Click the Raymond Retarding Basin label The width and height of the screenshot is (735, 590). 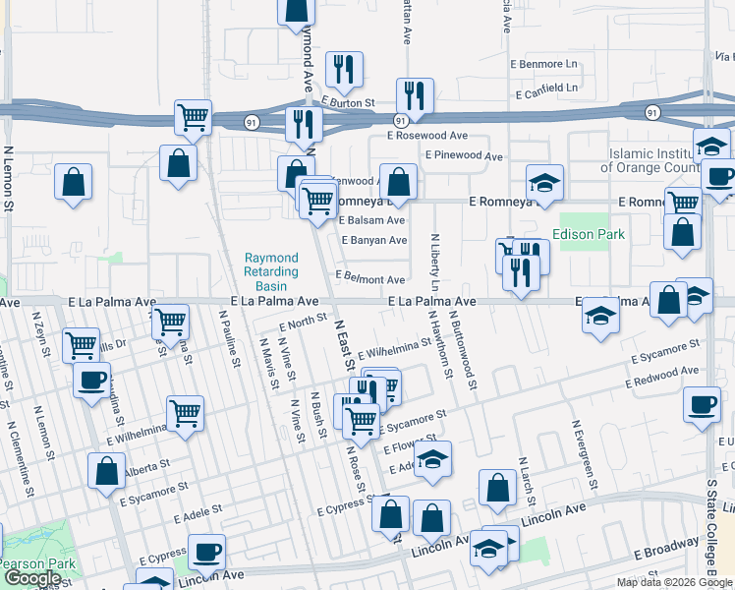tap(270, 271)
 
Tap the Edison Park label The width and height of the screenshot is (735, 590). tap(589, 235)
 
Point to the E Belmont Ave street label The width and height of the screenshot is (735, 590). tap(370, 279)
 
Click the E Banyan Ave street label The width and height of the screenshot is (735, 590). tap(373, 240)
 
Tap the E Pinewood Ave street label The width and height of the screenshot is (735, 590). tap(464, 155)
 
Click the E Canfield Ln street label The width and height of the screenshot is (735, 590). tap(546, 88)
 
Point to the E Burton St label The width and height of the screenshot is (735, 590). tap(348, 101)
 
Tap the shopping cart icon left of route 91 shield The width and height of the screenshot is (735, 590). tap(194, 117)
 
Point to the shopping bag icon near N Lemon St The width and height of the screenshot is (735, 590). tap(73, 182)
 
